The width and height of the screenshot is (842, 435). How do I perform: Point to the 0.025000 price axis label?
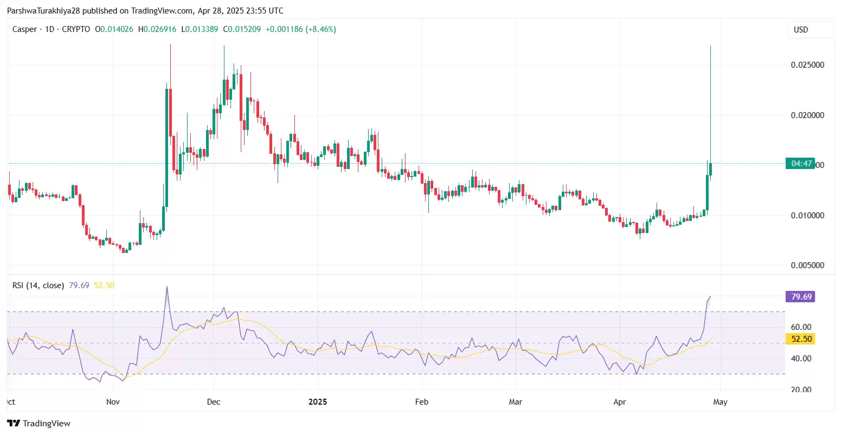click(x=807, y=65)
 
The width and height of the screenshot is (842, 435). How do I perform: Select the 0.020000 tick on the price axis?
click(x=807, y=115)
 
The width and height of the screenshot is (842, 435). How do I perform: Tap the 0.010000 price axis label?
click(x=807, y=216)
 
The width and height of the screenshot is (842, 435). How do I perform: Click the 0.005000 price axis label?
click(x=807, y=265)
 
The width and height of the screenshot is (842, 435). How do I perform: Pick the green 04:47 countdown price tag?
click(x=800, y=164)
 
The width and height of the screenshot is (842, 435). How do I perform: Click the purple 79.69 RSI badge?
click(x=801, y=297)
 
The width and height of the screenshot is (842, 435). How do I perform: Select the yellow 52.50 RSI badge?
click(x=801, y=339)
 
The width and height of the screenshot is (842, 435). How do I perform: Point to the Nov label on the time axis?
click(x=113, y=402)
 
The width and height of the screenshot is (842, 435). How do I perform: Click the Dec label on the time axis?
click(x=214, y=402)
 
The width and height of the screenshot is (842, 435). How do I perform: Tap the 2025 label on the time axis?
click(x=318, y=402)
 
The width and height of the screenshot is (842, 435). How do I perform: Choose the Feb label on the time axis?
click(x=421, y=402)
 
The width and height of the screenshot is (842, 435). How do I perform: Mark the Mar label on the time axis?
click(x=516, y=402)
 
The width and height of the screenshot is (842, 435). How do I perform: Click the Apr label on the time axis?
click(x=619, y=402)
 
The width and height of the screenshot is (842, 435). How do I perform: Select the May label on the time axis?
click(x=720, y=402)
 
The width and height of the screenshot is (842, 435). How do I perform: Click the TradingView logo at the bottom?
click(x=39, y=424)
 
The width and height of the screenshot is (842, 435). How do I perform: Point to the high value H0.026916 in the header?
click(x=157, y=29)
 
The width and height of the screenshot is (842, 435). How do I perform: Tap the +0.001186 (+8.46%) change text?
click(x=300, y=29)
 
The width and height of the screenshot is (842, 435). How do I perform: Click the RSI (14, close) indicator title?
click(x=38, y=285)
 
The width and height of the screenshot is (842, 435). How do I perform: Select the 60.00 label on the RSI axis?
click(x=801, y=327)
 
